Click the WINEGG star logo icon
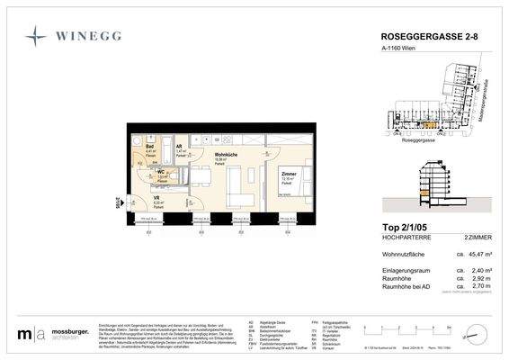(x=37, y=38)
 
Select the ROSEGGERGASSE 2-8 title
(x=423, y=37)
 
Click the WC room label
(x=163, y=171)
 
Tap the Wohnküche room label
(x=226, y=154)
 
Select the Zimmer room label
(x=289, y=174)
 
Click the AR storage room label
(x=180, y=146)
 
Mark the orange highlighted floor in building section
(x=423, y=193)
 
